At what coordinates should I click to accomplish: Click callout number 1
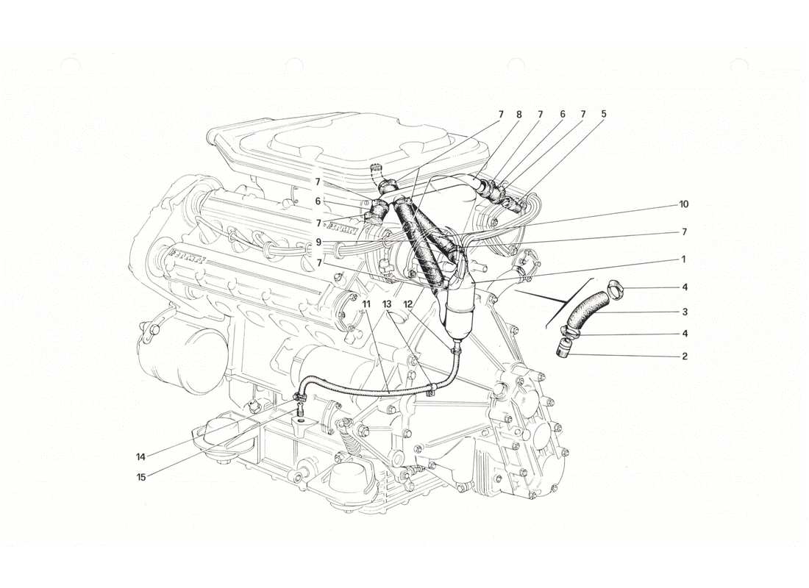(683, 259)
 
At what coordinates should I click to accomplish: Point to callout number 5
(603, 115)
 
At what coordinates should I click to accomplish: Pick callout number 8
(519, 115)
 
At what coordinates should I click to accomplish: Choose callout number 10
(683, 204)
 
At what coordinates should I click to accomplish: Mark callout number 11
(366, 304)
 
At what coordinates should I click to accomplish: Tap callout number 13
(388, 304)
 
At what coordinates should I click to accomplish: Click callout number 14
(140, 456)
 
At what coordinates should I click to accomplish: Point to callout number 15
(140, 476)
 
